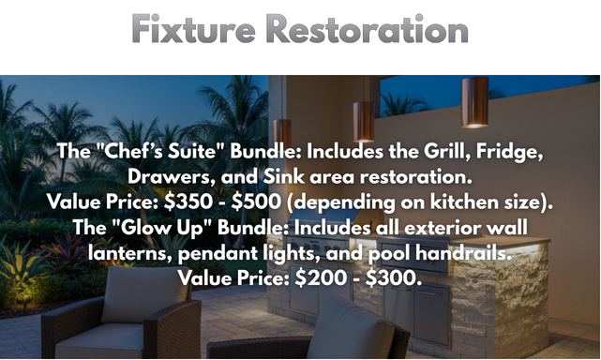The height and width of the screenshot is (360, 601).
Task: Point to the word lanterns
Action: click(x=128, y=253)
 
